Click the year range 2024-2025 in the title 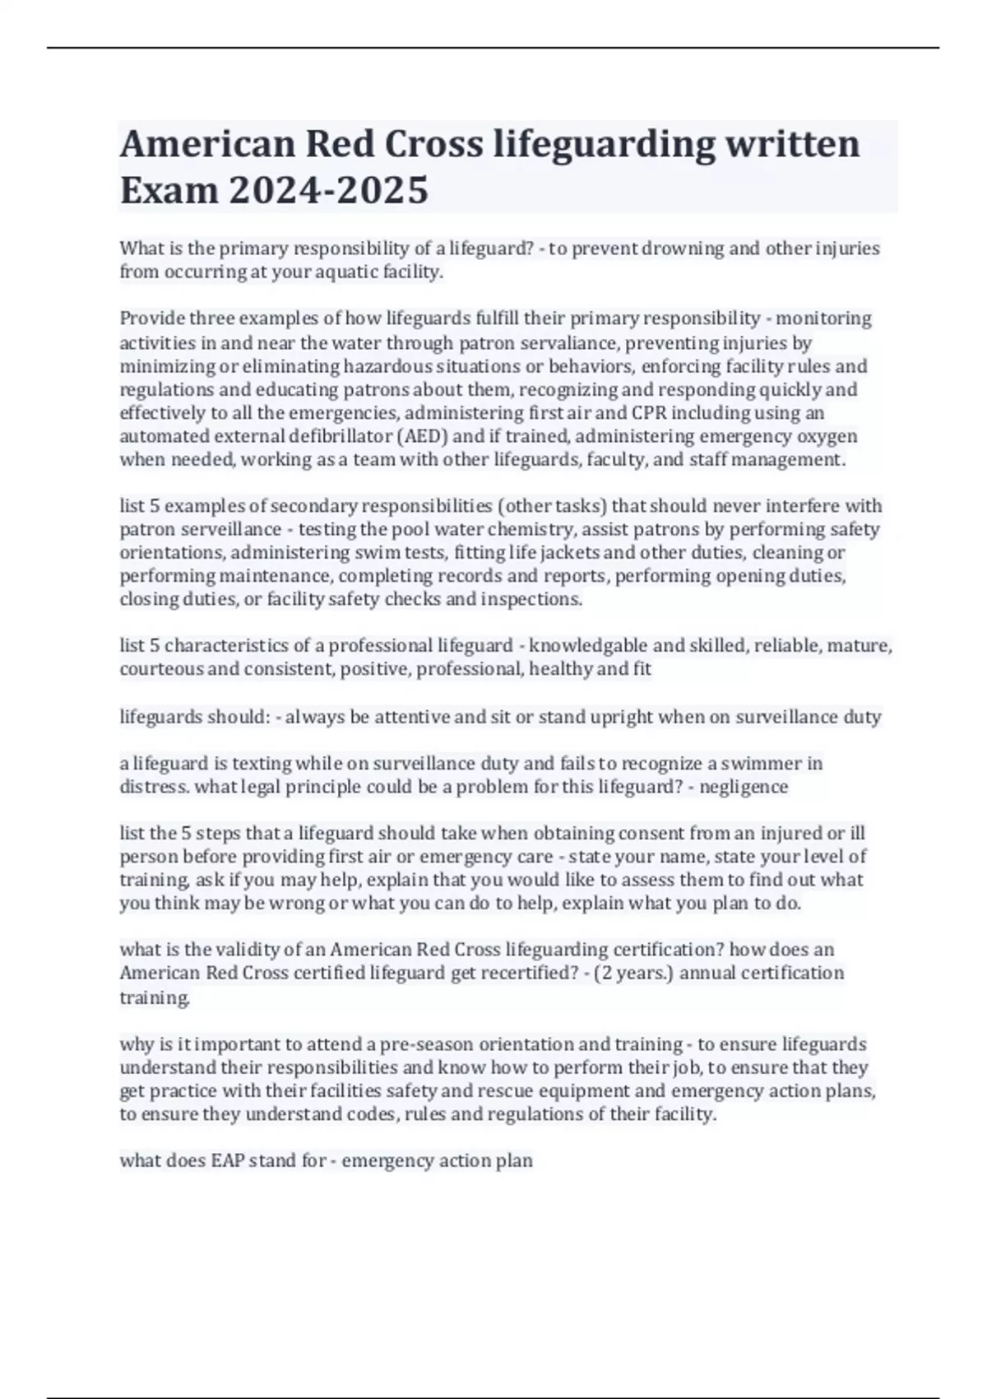[x=328, y=190]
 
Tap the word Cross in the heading [x=434, y=144]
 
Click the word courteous [x=161, y=669]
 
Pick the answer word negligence [x=743, y=787]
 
